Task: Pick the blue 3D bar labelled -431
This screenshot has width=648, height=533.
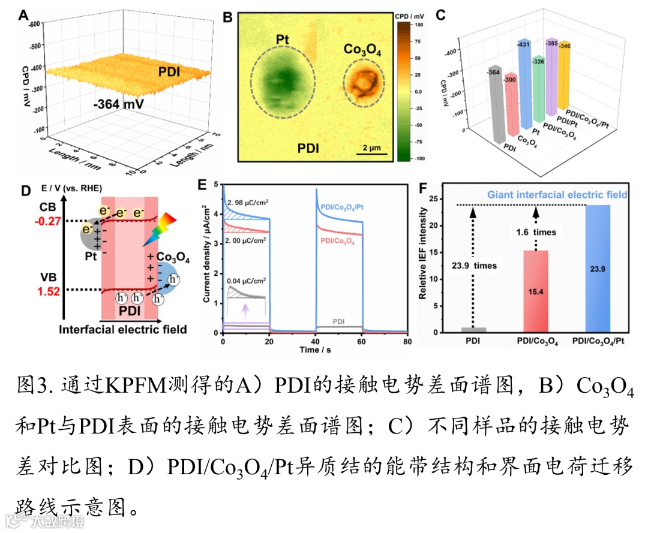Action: (525, 84)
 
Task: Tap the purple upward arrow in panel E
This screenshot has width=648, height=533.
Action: (244, 309)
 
